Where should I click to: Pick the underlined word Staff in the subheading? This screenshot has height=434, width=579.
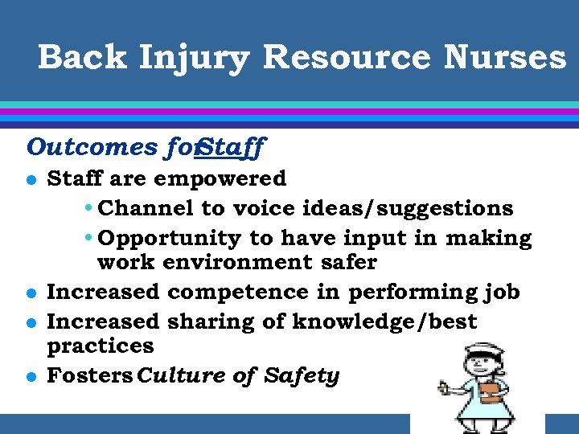[x=232, y=147]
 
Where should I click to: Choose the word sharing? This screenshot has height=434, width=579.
[x=212, y=321]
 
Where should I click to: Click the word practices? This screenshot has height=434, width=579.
[x=100, y=346]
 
